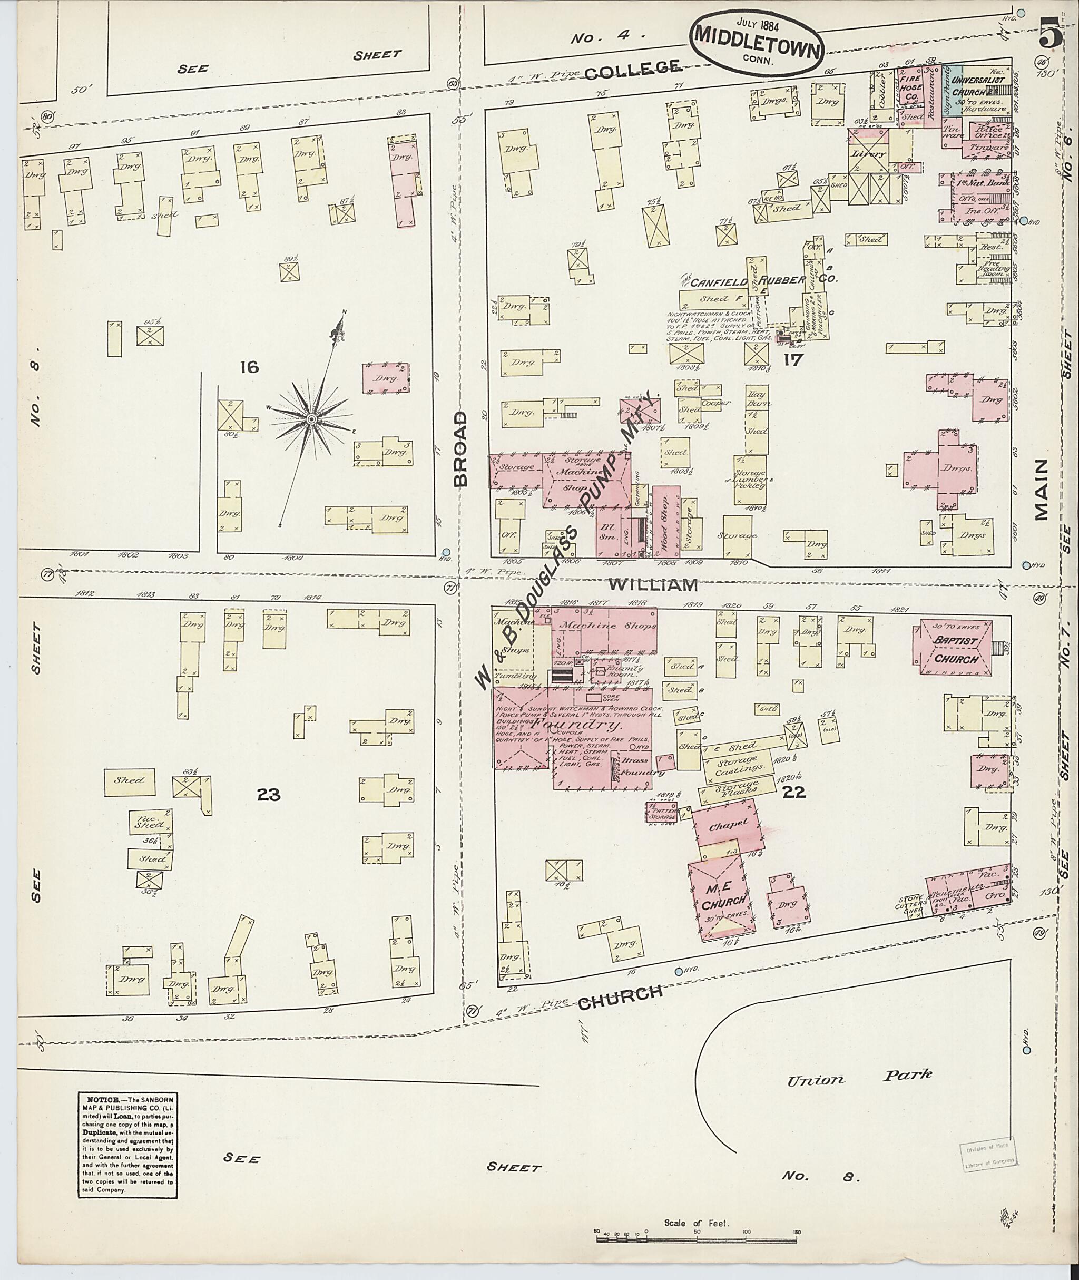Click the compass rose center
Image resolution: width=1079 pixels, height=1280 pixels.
coord(311,418)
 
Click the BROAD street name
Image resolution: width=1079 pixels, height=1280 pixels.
coord(460,448)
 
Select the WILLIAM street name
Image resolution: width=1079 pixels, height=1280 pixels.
coord(653,584)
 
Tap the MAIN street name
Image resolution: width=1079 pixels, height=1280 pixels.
coord(1041,490)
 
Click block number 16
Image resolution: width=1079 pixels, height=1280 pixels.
coord(249,367)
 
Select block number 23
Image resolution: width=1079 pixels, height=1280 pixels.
coord(269,794)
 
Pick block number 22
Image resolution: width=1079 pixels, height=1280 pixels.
coord(794,793)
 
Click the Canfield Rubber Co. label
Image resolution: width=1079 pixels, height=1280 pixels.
coord(761,280)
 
